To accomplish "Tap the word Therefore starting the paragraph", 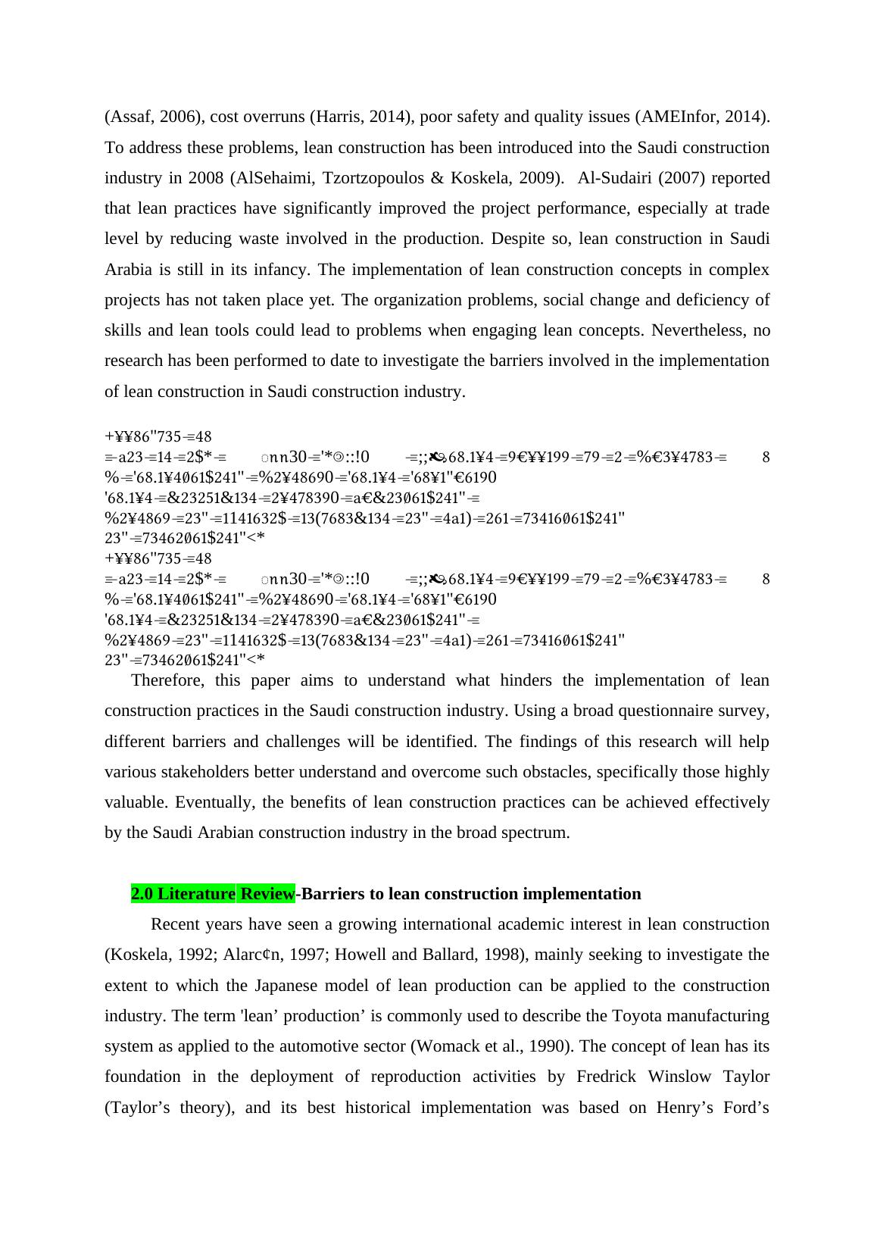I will [167, 680].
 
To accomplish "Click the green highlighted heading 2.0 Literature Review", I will [213, 894].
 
